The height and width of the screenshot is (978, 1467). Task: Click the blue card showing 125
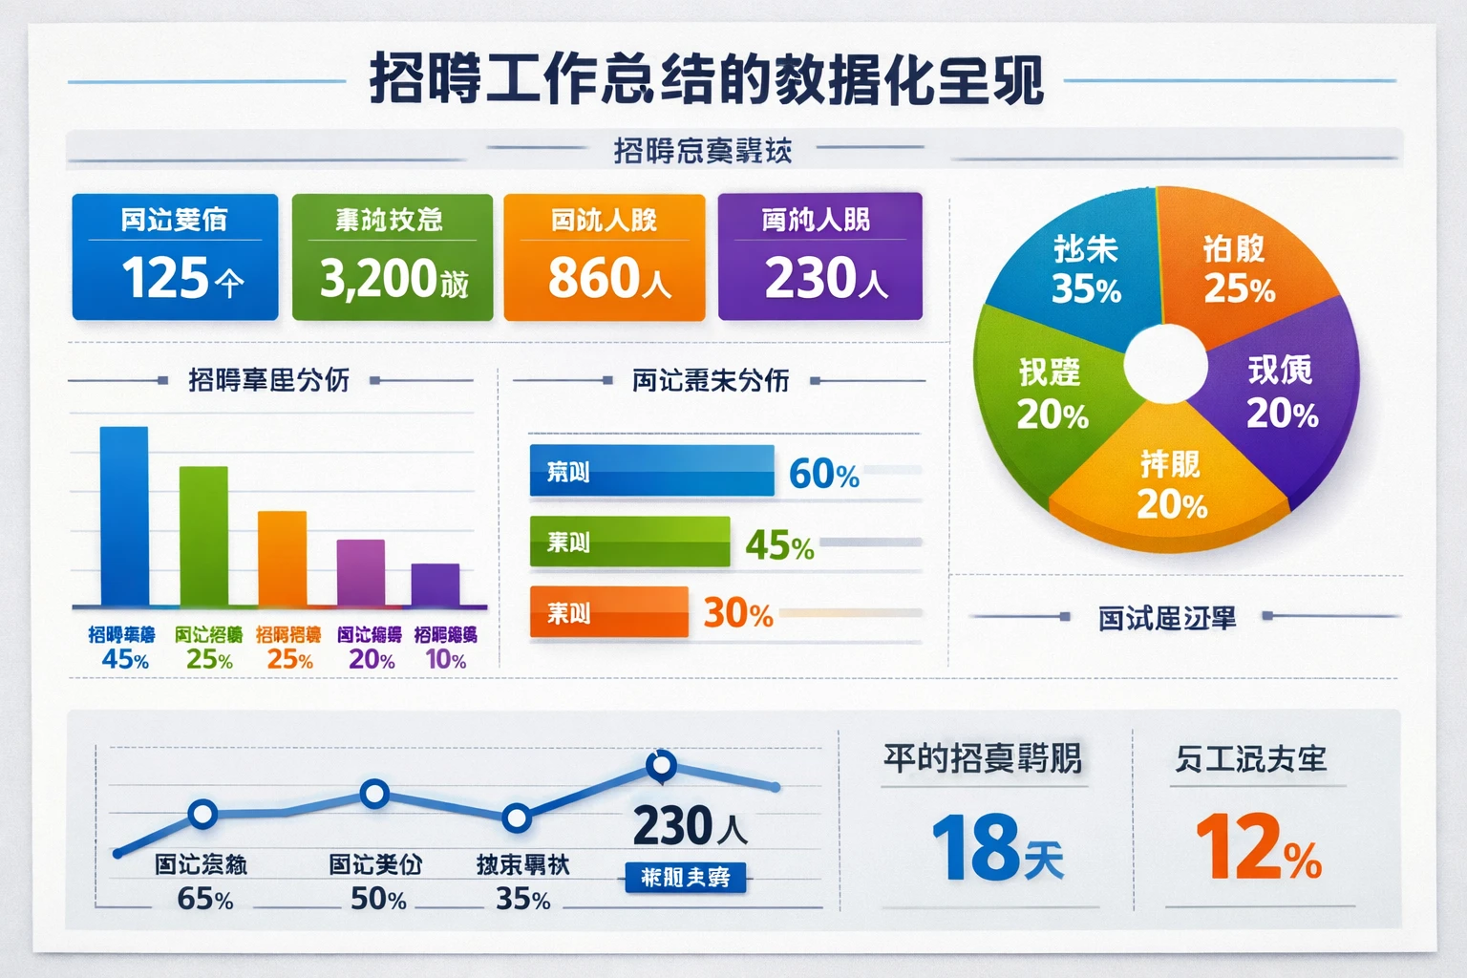(175, 257)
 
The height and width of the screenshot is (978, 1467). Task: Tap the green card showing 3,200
(392, 257)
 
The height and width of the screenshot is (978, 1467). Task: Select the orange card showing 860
(604, 257)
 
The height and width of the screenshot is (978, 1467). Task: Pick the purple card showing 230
(819, 256)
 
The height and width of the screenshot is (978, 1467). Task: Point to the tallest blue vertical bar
(124, 516)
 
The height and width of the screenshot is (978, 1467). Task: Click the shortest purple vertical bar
(436, 585)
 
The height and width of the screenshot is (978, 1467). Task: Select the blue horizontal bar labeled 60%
(651, 471)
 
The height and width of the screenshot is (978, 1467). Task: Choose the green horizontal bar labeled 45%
(629, 542)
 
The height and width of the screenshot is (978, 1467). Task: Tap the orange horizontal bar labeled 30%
(608, 612)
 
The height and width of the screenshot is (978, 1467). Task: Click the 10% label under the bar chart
(445, 659)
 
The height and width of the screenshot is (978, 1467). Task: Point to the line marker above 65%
(202, 814)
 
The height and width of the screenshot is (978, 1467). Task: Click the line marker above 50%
(374, 793)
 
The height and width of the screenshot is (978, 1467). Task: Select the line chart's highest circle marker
(661, 764)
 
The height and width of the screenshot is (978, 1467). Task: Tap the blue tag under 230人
(686, 877)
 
